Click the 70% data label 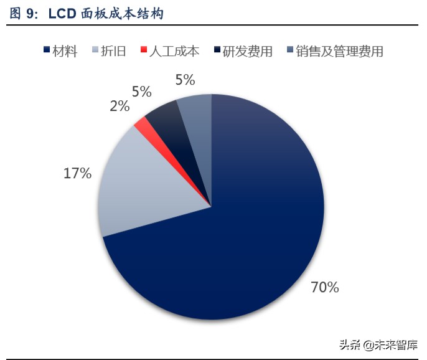coord(324,287)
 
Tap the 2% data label coord(120,107)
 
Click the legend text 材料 coord(65,51)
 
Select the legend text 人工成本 coord(174,51)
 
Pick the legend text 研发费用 coord(247,51)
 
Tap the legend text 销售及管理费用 coord(339,51)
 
